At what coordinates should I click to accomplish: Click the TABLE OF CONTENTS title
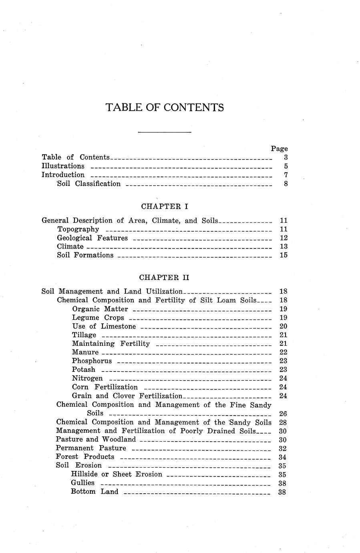click(x=165, y=107)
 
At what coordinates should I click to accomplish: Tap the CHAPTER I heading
click(x=165, y=206)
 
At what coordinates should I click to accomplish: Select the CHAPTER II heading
click(x=164, y=277)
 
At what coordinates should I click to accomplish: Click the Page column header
click(x=279, y=149)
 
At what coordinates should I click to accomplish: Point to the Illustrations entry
click(x=63, y=166)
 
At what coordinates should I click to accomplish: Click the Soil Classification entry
click(x=89, y=184)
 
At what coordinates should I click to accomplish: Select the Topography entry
click(x=78, y=229)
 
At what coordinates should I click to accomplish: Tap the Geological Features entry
click(x=93, y=238)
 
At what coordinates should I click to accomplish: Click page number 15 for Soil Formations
click(x=284, y=255)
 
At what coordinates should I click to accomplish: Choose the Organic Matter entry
click(x=100, y=309)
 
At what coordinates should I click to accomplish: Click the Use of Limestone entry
click(x=104, y=327)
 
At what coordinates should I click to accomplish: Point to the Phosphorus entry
click(x=92, y=361)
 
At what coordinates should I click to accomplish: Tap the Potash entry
click(x=84, y=369)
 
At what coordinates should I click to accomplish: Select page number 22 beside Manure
click(x=283, y=352)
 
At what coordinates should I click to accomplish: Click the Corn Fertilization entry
click(x=105, y=387)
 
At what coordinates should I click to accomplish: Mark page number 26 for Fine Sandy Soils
click(x=283, y=414)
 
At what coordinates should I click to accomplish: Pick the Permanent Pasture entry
click(x=91, y=448)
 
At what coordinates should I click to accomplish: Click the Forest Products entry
click(x=85, y=457)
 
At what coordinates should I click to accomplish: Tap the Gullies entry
click(x=82, y=483)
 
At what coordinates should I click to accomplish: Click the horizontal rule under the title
click(x=165, y=132)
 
